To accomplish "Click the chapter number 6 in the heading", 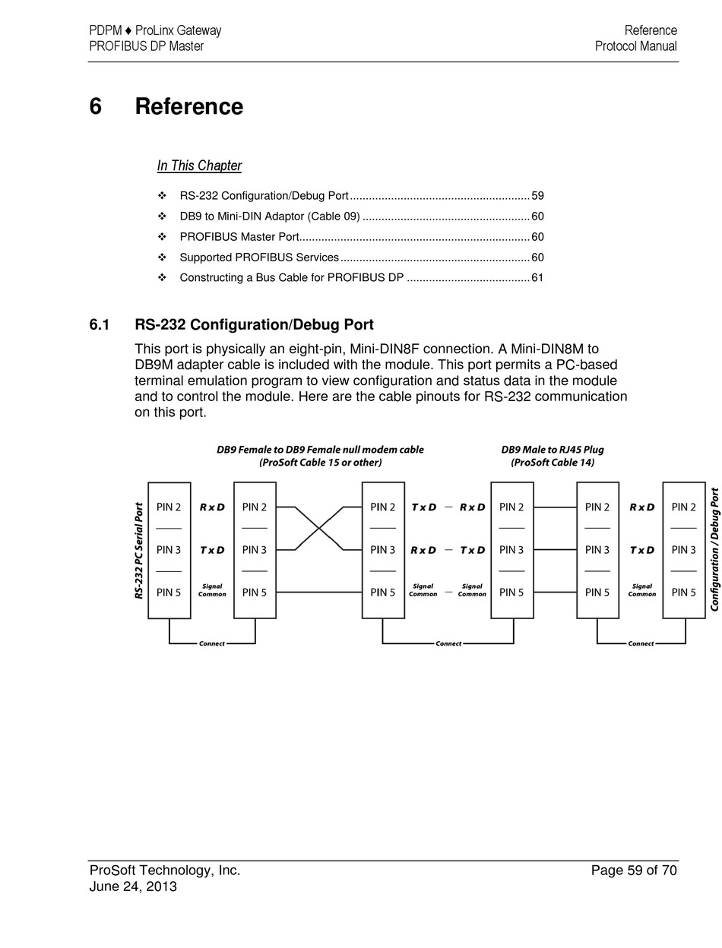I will point(95,106).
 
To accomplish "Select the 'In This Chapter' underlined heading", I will point(199,166).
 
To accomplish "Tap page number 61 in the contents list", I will point(537,277).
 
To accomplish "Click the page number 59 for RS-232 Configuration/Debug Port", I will point(537,195).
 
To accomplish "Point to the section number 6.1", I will point(100,324).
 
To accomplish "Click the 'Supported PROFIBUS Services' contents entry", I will point(259,257).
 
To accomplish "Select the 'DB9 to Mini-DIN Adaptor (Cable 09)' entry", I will point(270,216).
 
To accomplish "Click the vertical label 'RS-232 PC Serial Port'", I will point(139,550).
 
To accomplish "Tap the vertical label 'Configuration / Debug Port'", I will point(714,549).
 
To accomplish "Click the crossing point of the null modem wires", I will point(318,528).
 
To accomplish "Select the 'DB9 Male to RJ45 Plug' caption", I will point(553,449).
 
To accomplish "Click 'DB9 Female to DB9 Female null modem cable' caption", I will point(320,449).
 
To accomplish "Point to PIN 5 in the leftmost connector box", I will point(169,592).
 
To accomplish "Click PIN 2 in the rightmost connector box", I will point(683,507).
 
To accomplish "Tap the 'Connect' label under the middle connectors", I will point(448,643).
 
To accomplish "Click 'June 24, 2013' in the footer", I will point(133,886).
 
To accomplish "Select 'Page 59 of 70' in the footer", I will point(633,871).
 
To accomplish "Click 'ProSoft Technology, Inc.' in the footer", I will point(165,871).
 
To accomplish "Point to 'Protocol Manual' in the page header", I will point(636,46).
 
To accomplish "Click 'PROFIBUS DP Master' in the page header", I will point(147,46).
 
